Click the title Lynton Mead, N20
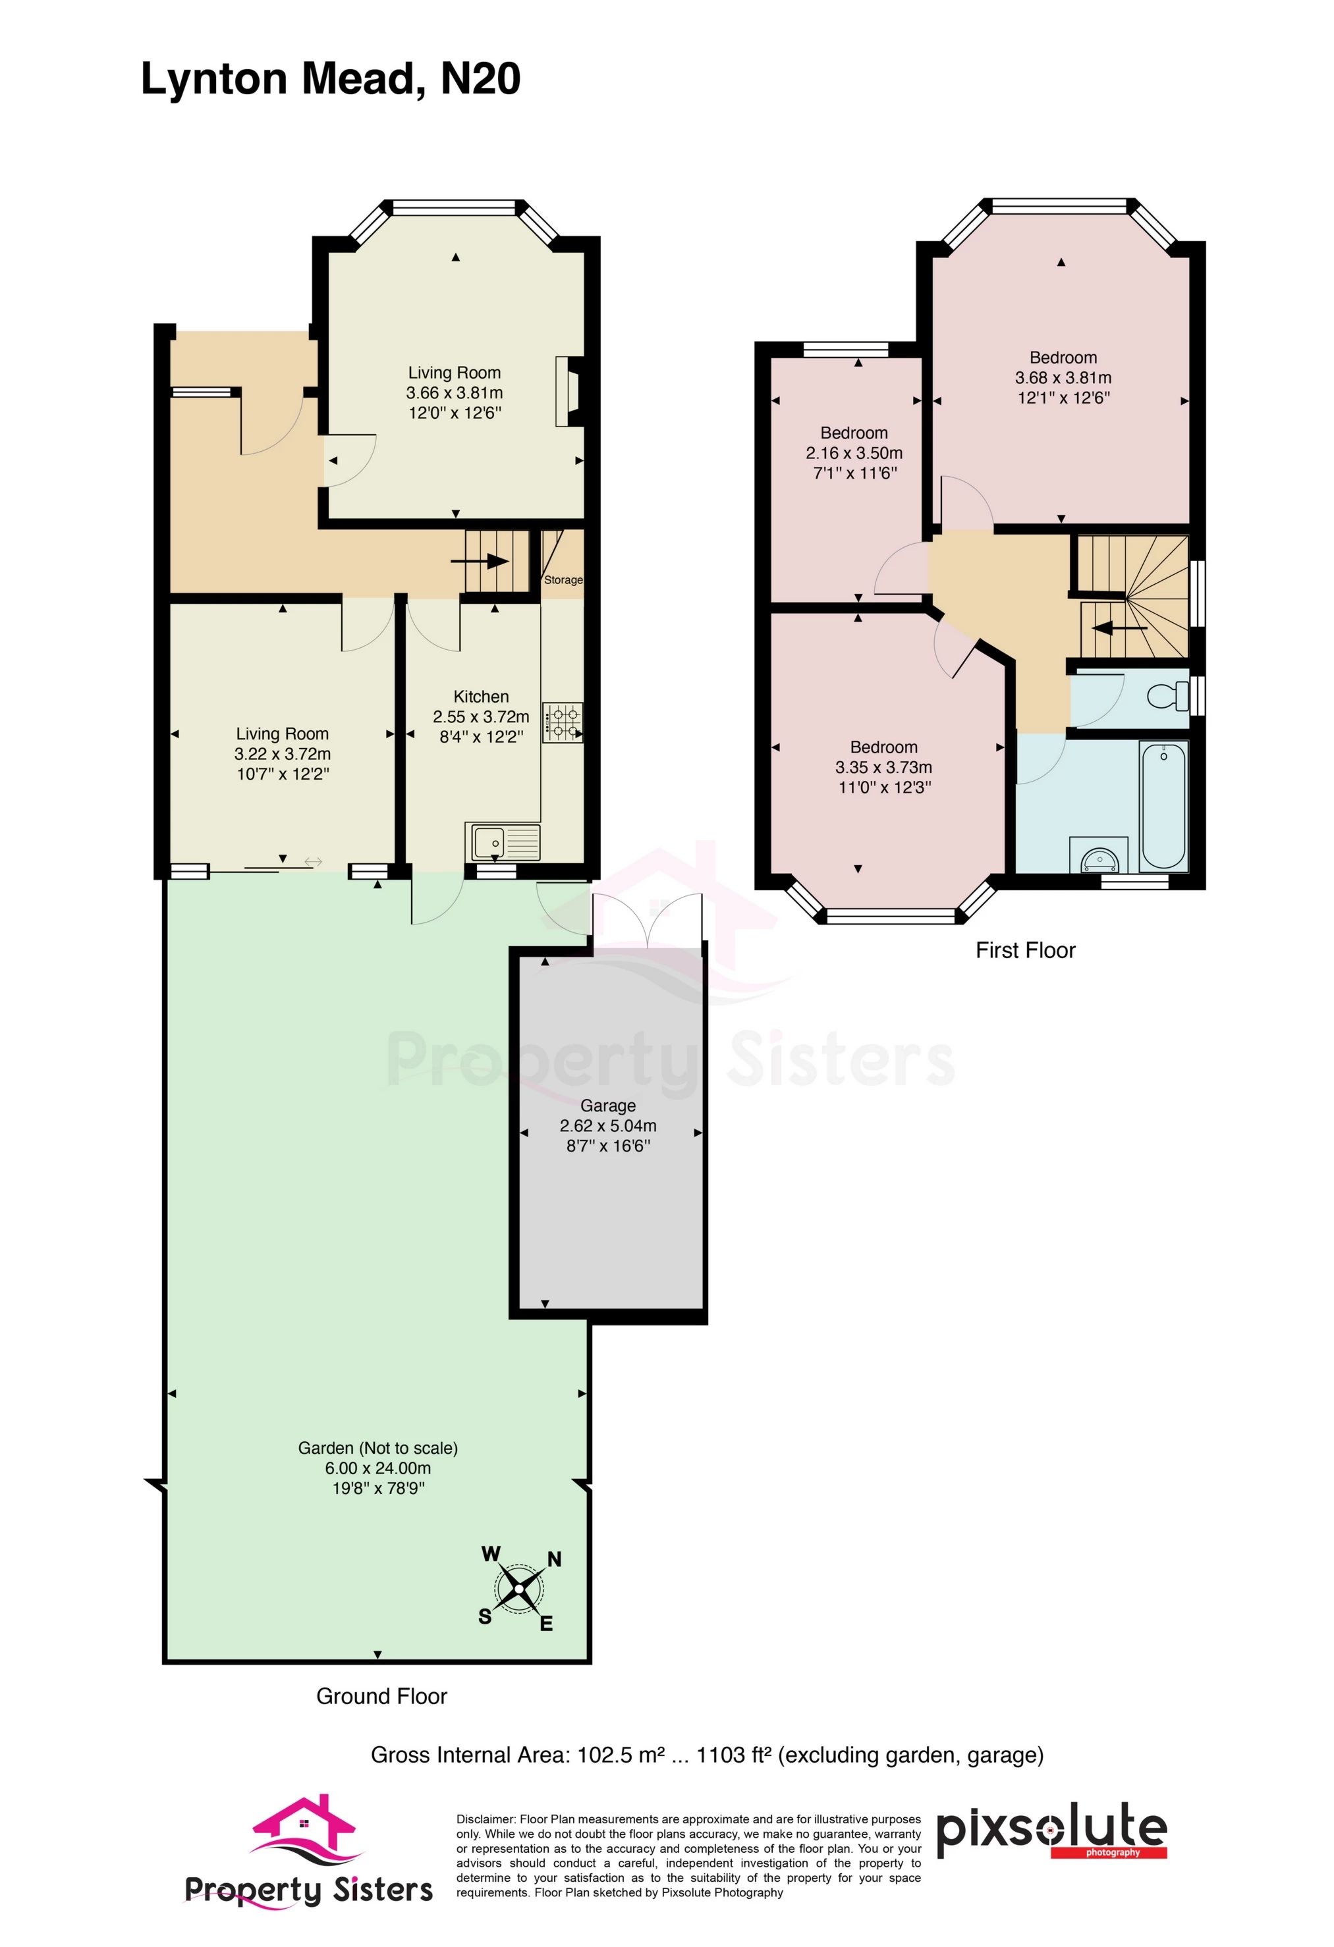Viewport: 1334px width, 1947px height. pos(330,80)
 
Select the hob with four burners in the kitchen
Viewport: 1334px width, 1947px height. pos(563,722)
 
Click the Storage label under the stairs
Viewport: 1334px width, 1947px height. pos(563,579)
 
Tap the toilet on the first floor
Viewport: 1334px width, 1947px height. pos(1169,695)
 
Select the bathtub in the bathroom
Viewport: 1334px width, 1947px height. pos(1163,806)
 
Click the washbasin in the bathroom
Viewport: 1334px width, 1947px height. pos(1099,859)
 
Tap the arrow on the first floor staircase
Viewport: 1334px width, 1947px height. pos(1119,627)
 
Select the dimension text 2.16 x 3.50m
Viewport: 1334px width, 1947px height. pos(854,453)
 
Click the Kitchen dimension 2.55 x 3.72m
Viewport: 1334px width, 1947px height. pos(481,716)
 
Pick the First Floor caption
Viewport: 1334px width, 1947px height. pos(1025,950)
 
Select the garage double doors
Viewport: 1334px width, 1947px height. pos(647,922)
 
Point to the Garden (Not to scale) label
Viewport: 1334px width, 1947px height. pos(378,1448)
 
